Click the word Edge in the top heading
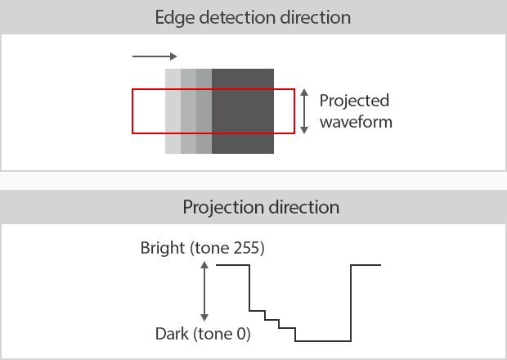tap(175, 18)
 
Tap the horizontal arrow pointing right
tap(155, 56)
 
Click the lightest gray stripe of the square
tap(173, 111)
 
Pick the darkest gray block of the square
tap(243, 111)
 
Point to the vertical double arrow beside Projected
tap(304, 111)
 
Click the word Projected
tap(354, 101)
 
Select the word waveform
tap(356, 122)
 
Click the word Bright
tap(162, 249)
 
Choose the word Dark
tap(172, 334)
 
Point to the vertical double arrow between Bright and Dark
tap(204, 291)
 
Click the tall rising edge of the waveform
tap(351, 303)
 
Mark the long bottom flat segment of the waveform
tap(323, 341)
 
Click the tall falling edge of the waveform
tap(249, 288)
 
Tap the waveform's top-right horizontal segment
tap(366, 265)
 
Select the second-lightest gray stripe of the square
tap(189, 111)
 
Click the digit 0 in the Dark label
tap(241, 334)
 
